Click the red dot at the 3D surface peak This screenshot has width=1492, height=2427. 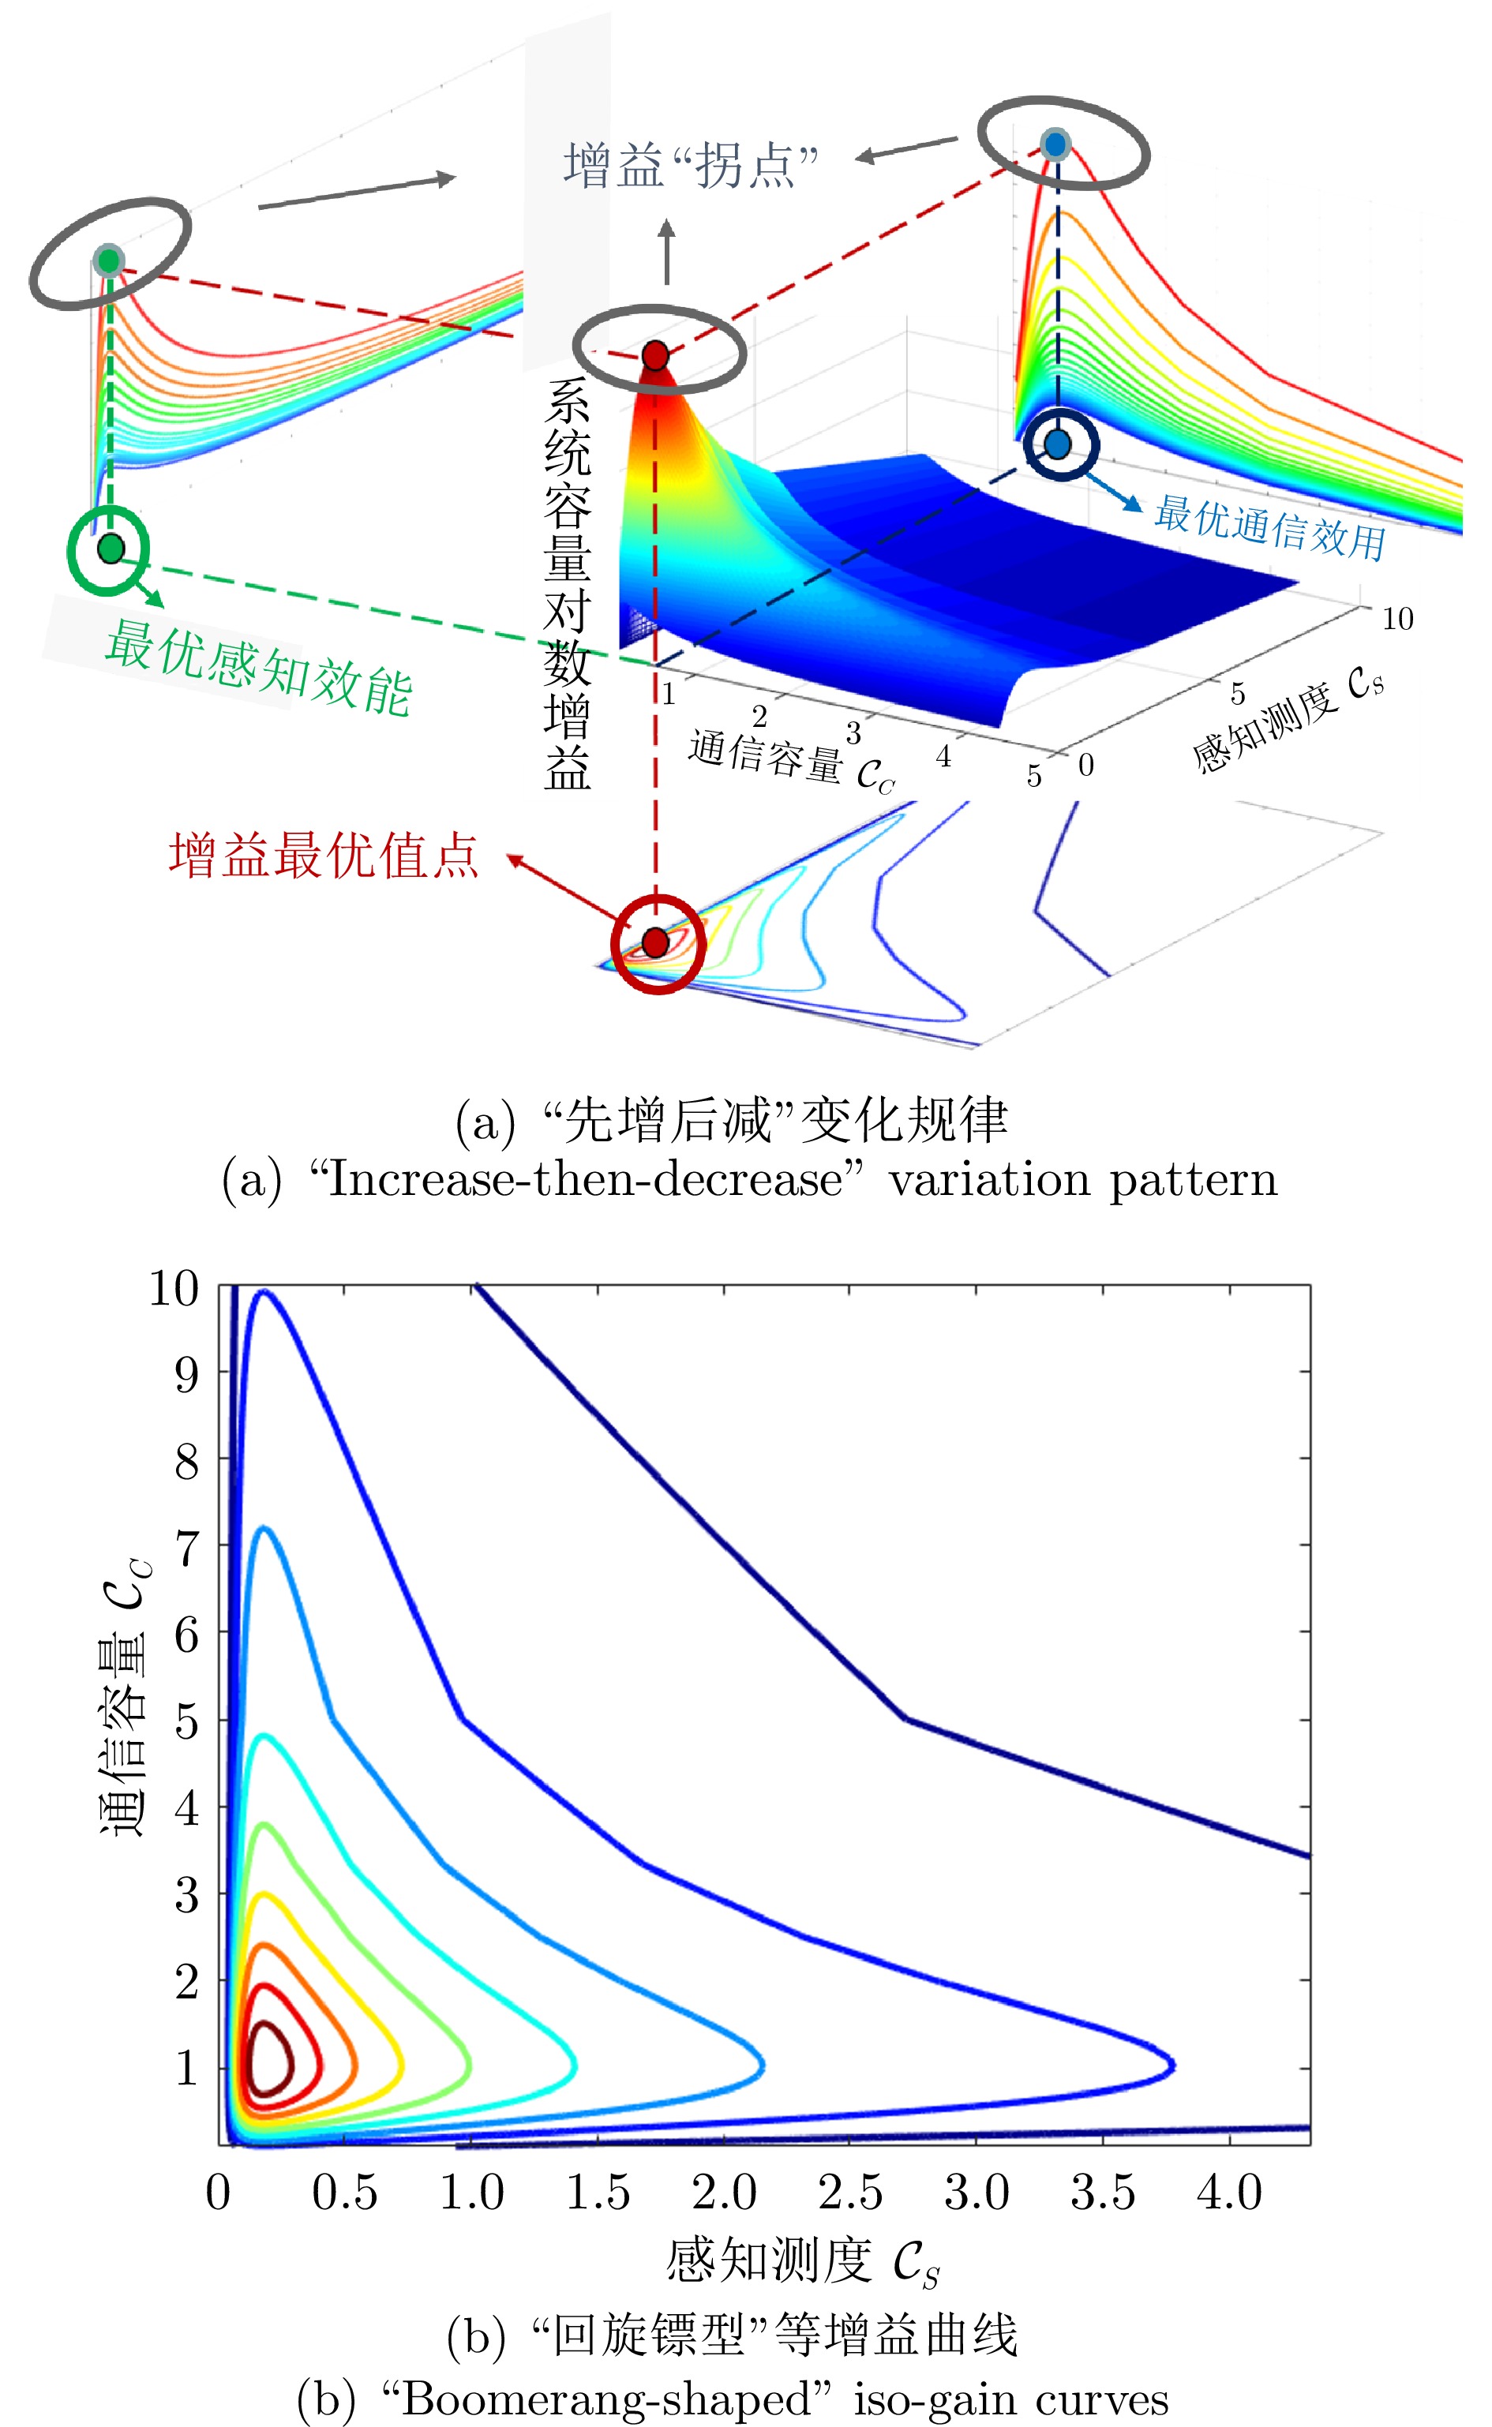[655, 355]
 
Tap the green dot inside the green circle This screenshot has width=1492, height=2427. [111, 549]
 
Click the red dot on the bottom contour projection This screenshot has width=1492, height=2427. [655, 942]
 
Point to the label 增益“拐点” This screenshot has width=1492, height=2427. [691, 165]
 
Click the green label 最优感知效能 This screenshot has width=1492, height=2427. [259, 667]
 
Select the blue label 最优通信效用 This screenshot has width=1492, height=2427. [1270, 528]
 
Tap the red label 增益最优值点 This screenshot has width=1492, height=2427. [324, 856]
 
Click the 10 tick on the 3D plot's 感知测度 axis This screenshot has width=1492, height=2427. [1397, 619]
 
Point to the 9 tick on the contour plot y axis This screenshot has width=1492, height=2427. [186, 1373]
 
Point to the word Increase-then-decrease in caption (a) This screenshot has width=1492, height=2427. [584, 1180]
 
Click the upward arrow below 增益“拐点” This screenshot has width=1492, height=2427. [667, 252]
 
